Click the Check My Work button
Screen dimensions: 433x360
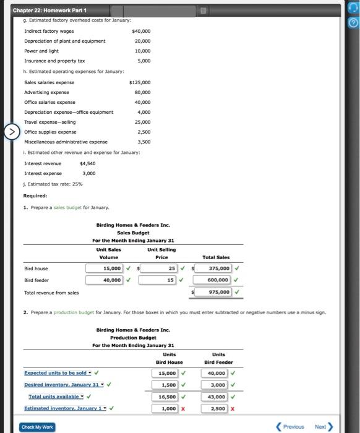36,427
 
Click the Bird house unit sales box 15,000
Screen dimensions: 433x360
105,268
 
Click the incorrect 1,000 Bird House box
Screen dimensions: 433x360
165,408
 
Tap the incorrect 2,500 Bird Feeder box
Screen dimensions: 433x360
214,408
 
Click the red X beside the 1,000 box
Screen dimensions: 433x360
183,408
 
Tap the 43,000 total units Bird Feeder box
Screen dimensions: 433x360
214,397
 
